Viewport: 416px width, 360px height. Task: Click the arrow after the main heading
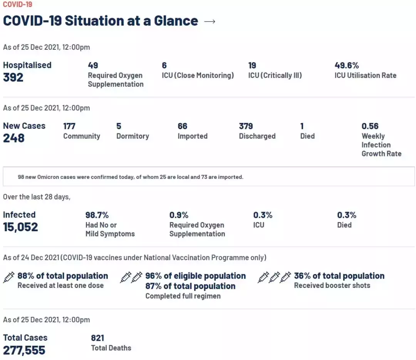(x=210, y=22)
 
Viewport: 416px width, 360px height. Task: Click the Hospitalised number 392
(x=13, y=77)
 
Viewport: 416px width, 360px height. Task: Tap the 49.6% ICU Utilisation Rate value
(x=347, y=66)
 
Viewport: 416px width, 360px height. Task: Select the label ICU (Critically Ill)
(x=275, y=76)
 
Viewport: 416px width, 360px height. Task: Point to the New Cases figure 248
(x=14, y=138)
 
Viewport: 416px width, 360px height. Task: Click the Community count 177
(x=69, y=126)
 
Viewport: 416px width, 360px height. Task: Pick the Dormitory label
(x=133, y=136)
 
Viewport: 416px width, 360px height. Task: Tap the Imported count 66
(x=182, y=126)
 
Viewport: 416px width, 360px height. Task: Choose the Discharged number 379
(x=246, y=126)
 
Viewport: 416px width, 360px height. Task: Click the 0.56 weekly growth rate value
(x=370, y=126)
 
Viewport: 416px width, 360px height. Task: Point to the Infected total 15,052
(x=20, y=227)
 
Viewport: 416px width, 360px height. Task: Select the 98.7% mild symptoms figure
(x=97, y=215)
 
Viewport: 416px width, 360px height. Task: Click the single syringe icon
(x=9, y=277)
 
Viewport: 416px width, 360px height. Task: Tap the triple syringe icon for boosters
(x=274, y=277)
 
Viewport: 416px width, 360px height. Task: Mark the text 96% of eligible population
(x=195, y=276)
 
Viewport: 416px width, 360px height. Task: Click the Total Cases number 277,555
(x=24, y=350)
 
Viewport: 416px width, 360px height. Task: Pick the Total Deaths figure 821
(x=97, y=338)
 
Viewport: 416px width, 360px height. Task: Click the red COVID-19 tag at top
(x=17, y=5)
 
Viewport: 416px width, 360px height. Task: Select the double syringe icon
(x=131, y=277)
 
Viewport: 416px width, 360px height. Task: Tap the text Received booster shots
(x=332, y=286)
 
